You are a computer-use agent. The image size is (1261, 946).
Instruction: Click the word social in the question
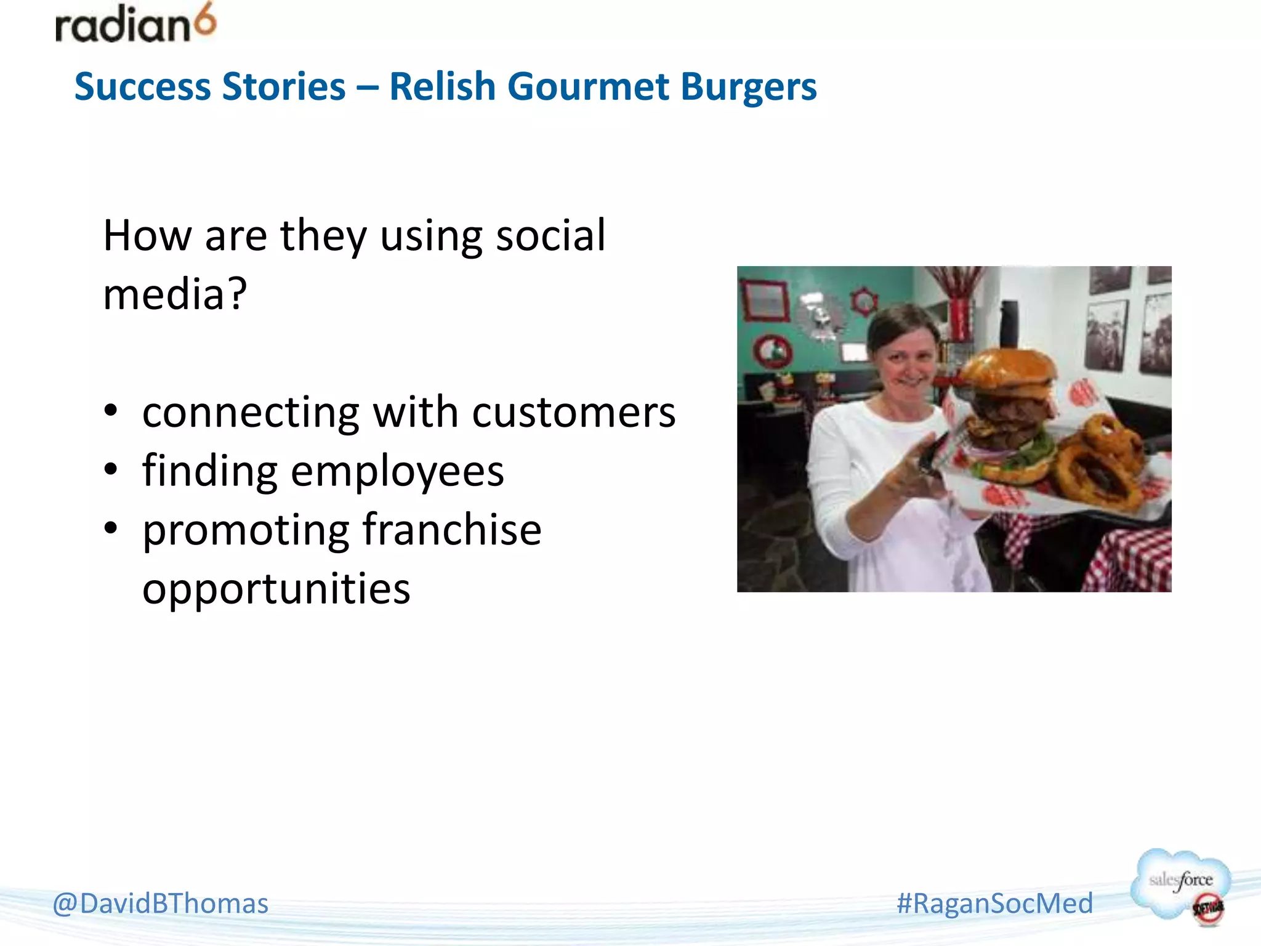point(550,235)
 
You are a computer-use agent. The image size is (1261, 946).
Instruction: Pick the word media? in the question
point(175,294)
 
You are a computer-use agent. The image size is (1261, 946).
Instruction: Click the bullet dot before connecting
point(111,411)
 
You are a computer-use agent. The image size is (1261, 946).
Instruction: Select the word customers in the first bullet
point(573,412)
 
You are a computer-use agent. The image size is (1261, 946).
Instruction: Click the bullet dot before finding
point(111,470)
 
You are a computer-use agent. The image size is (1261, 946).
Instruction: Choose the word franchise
point(452,530)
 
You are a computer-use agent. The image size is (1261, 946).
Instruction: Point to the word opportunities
point(276,589)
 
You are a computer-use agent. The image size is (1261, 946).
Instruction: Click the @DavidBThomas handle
point(161,904)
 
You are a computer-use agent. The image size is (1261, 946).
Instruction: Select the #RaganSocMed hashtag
point(994,904)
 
